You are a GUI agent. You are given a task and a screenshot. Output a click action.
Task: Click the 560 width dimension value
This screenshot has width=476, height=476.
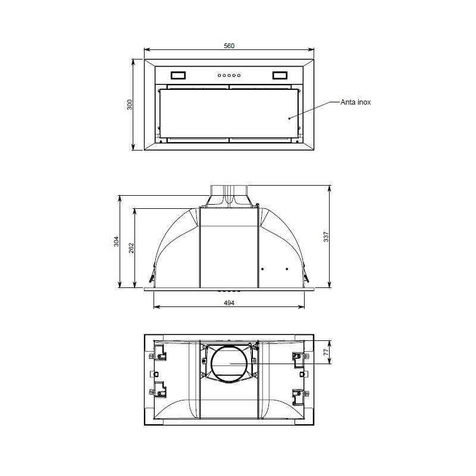pyautogui.click(x=229, y=46)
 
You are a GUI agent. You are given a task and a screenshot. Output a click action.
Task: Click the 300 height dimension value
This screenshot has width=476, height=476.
pyautogui.click(x=130, y=105)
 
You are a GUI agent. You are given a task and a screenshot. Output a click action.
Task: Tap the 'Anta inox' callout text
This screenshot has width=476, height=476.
pyautogui.click(x=355, y=102)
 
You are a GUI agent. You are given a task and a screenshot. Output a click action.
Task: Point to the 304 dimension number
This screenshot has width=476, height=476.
pyautogui.click(x=117, y=242)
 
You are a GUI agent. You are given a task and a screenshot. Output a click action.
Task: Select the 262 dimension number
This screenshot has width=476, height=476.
pyautogui.click(x=131, y=248)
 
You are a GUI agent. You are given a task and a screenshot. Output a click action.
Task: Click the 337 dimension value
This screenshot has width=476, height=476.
pyautogui.click(x=326, y=237)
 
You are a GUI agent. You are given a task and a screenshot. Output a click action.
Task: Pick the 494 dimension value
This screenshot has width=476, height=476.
pyautogui.click(x=229, y=303)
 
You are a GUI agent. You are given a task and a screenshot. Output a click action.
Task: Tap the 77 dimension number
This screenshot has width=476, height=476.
pyautogui.click(x=326, y=352)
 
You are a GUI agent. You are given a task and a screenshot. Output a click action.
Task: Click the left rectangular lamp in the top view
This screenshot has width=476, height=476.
pyautogui.click(x=178, y=76)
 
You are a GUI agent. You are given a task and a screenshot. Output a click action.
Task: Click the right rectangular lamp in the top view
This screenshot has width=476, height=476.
pyautogui.click(x=280, y=76)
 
